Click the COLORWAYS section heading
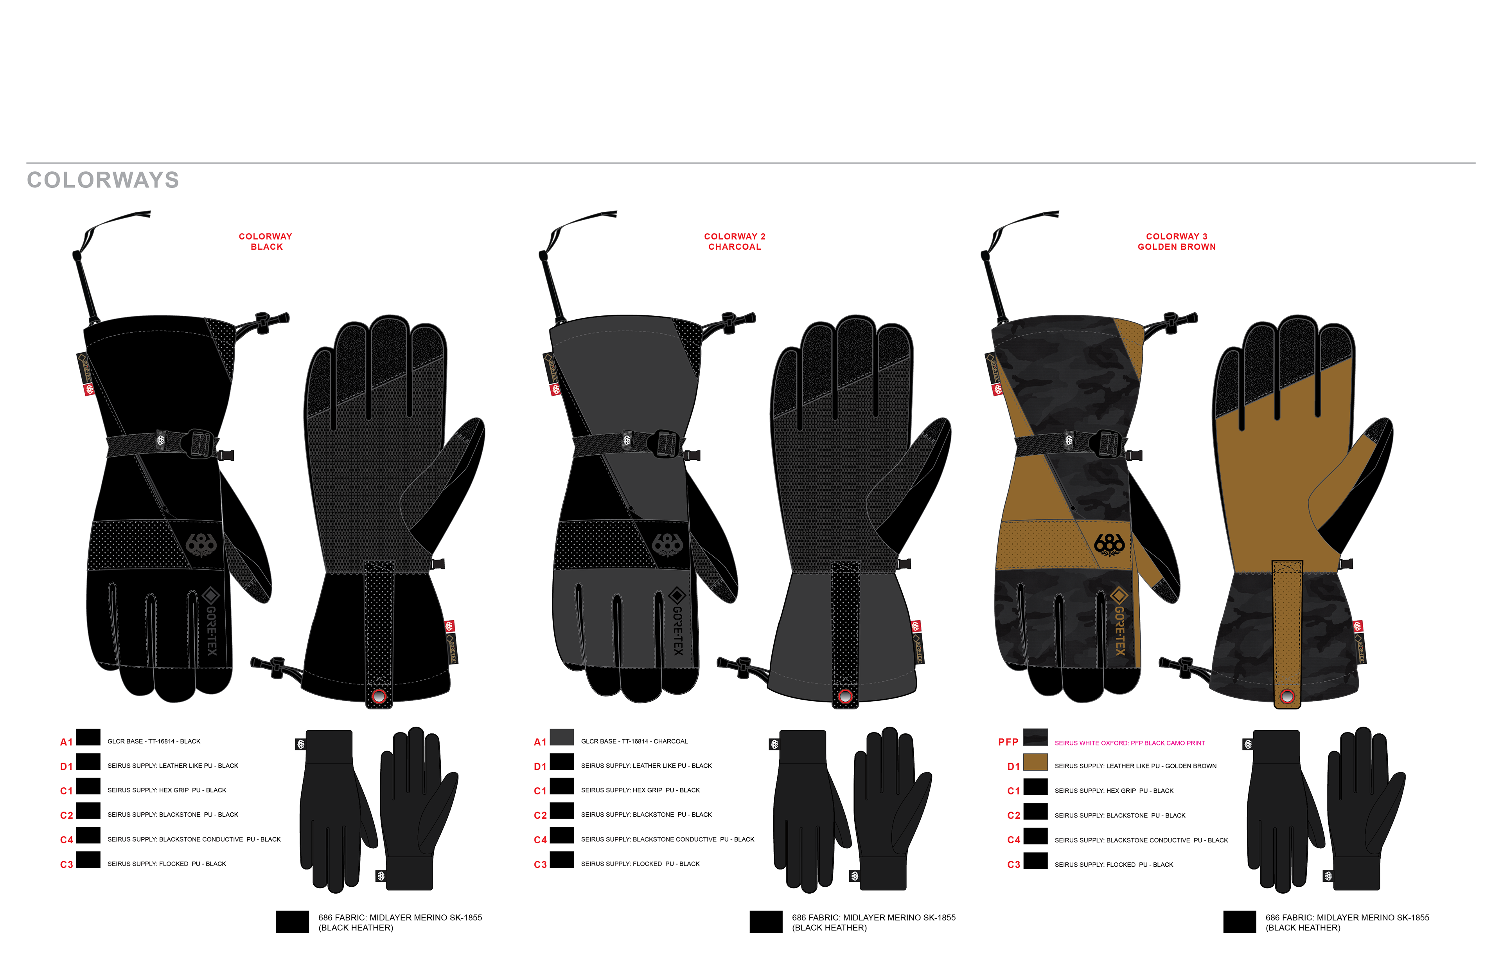click(103, 180)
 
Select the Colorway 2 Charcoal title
click(734, 242)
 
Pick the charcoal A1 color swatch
click(561, 737)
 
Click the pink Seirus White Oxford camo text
click(1129, 743)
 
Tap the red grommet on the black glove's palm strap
click(379, 696)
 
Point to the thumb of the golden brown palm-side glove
click(1356, 480)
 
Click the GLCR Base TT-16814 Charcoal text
click(634, 741)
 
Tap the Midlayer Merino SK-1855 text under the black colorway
click(400, 918)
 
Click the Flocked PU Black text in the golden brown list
click(1114, 865)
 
